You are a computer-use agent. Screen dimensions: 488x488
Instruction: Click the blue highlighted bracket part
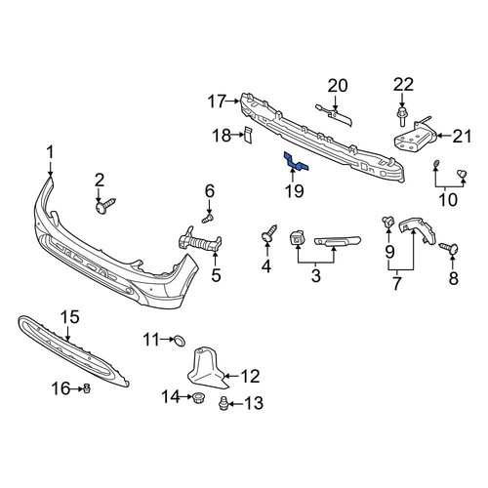pos(296,162)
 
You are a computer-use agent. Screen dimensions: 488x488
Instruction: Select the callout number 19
pos(295,191)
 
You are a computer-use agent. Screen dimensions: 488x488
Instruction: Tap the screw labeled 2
pos(105,205)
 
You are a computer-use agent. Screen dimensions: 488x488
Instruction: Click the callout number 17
pos(217,102)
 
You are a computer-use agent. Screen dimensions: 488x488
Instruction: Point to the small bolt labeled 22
pos(402,116)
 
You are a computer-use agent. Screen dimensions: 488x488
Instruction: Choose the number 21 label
pos(462,137)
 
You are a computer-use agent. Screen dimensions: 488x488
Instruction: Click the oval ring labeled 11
pos(180,340)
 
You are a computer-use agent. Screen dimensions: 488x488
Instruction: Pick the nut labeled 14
pos(196,397)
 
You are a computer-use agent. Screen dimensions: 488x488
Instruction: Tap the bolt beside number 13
pos(223,403)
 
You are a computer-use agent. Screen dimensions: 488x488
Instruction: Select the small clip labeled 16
pos(87,388)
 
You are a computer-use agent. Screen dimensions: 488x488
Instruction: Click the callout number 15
pos(70,317)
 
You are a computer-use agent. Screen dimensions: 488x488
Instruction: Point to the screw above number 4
pos(269,233)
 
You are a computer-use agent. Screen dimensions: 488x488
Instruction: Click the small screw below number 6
pos(208,218)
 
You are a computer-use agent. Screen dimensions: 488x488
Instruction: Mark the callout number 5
pos(216,275)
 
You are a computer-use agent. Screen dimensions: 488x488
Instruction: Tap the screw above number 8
pos(449,248)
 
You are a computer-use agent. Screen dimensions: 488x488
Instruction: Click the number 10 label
pos(448,199)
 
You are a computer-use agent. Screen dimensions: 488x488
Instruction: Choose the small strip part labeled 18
pos(248,135)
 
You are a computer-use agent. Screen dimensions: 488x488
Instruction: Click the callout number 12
pos(250,376)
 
